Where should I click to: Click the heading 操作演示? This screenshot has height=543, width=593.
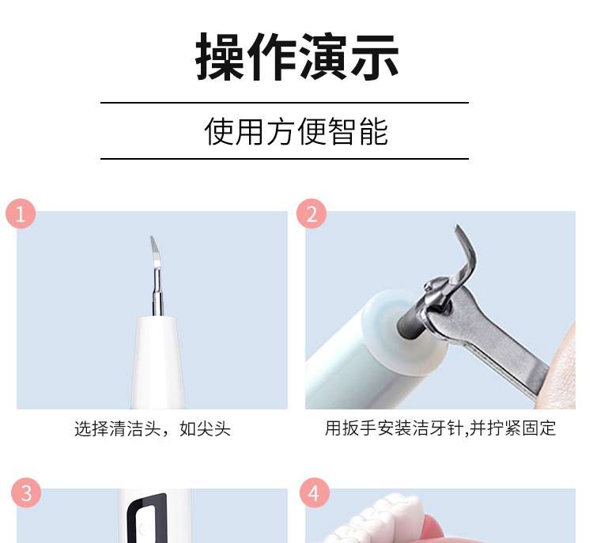tap(296, 56)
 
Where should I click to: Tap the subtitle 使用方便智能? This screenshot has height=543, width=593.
tap(296, 131)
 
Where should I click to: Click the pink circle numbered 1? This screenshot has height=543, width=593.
tap(21, 213)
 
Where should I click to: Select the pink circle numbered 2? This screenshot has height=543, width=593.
tap(312, 213)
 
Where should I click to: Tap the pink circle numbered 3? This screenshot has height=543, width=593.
tap(26, 493)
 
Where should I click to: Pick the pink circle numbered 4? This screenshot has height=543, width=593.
tap(314, 493)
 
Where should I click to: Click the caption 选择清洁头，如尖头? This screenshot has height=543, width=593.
tap(153, 429)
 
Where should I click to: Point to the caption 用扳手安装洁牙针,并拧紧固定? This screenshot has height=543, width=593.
tap(440, 428)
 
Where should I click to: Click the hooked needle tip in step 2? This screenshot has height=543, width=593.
tap(466, 250)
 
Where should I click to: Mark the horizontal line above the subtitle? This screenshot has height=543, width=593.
tap(285, 103)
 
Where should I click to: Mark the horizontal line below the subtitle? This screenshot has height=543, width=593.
tap(285, 159)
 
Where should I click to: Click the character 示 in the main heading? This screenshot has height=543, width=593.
tap(375, 57)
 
